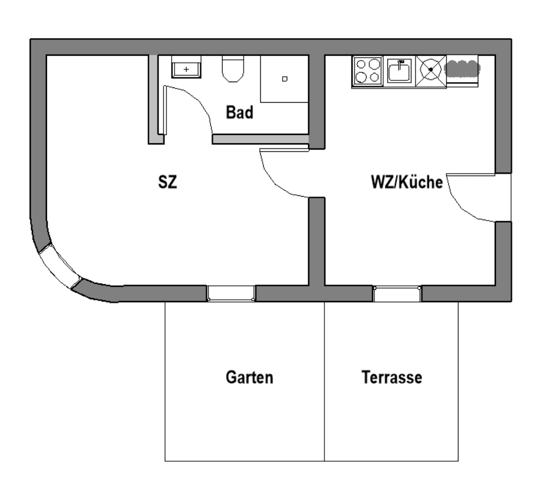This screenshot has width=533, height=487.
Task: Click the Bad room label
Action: [x=240, y=112]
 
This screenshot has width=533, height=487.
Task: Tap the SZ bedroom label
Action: [x=167, y=182]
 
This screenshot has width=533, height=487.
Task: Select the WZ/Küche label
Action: [x=406, y=182]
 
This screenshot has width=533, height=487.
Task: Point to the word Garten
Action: [x=250, y=377]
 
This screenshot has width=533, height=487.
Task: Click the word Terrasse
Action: [x=392, y=377]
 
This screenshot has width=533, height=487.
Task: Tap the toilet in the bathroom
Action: [x=233, y=69]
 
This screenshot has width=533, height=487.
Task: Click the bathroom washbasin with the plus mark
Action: [x=186, y=69]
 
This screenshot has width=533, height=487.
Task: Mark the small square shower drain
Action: [x=285, y=79]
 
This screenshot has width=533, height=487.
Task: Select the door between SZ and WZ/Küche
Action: [x=285, y=176]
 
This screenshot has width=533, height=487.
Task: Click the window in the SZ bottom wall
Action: [x=231, y=293]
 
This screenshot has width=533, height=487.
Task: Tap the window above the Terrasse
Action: [x=397, y=294]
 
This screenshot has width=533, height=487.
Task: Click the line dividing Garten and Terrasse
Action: [x=324, y=381]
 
